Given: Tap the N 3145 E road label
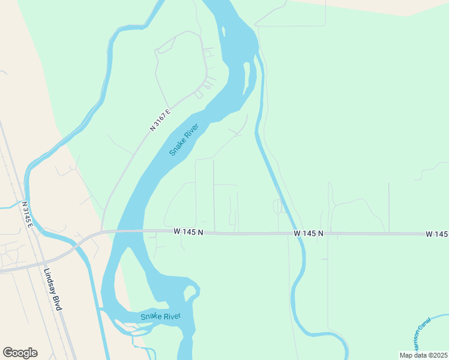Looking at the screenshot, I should tap(28, 214).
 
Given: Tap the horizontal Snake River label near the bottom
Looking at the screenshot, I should tap(160, 316).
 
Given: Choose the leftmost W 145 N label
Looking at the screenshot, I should tap(188, 232).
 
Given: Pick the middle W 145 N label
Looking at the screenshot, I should tap(309, 233).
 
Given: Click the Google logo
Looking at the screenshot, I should tap(20, 353).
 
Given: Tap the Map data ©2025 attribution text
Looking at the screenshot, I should tap(424, 355).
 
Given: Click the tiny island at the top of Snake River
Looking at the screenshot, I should tap(223, 31).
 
